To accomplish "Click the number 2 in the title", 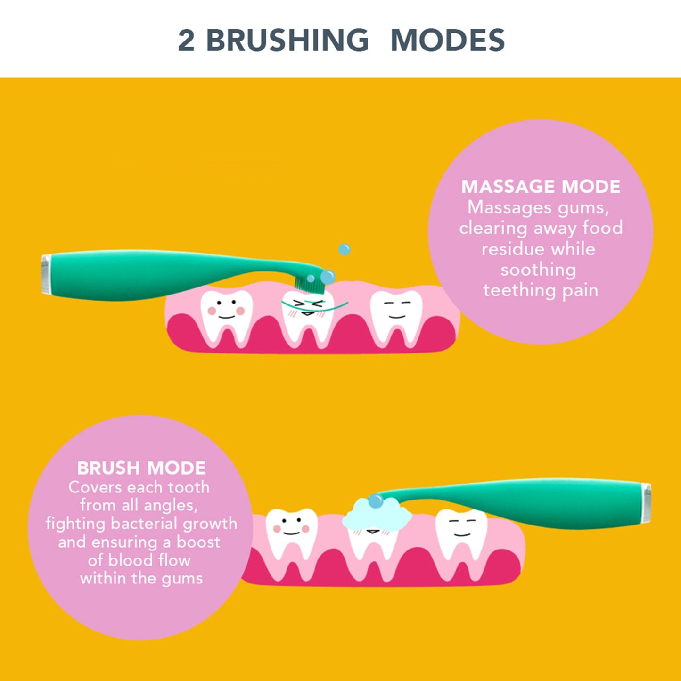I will click(x=186, y=41).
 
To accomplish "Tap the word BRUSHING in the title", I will click(x=287, y=41).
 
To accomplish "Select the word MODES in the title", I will click(x=447, y=41).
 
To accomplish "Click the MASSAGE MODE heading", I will click(x=541, y=187).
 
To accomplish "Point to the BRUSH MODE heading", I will click(x=141, y=468).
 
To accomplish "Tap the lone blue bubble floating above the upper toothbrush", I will click(x=345, y=249).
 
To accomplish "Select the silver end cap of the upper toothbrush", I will click(x=46, y=274).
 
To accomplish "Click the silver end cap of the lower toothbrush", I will click(x=647, y=503).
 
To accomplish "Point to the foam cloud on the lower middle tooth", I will click(x=377, y=515).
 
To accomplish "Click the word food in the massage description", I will click(x=602, y=228).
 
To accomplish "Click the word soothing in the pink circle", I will click(x=538, y=270).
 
